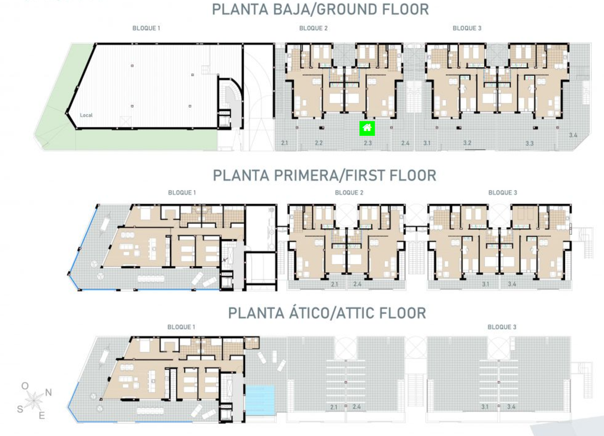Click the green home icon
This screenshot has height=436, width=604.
tap(367, 128)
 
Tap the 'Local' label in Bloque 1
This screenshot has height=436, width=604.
tap(86, 115)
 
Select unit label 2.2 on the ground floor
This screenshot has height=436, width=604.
tap(319, 144)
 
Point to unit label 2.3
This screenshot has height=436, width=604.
tap(367, 144)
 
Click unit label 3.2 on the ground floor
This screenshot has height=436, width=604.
tap(467, 144)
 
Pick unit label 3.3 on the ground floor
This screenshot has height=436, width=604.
tap(529, 144)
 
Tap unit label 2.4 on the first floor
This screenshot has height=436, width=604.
tap(357, 285)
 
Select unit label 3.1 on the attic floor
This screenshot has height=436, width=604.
tap(485, 406)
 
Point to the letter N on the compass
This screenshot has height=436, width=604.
tap(49, 392)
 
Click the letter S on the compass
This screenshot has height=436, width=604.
tap(20, 409)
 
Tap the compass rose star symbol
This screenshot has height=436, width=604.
tap(35, 400)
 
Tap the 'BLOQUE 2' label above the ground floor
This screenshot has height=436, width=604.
tap(313, 28)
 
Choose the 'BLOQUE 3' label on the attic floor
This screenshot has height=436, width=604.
tap(501, 327)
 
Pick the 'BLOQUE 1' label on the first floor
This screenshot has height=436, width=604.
tap(182, 192)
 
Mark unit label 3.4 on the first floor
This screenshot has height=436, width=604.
tap(512, 285)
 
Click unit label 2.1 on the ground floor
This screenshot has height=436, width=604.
tap(284, 144)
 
